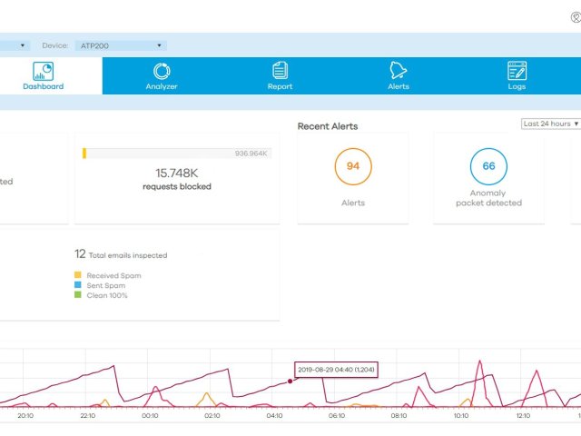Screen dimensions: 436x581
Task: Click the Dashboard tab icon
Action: click(43, 71)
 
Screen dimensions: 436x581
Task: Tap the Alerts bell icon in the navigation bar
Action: click(399, 71)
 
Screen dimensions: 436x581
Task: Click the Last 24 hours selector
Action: click(550, 124)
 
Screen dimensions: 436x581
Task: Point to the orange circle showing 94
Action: click(353, 167)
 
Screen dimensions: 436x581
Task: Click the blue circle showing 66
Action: click(488, 167)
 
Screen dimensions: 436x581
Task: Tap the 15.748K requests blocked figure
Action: click(177, 173)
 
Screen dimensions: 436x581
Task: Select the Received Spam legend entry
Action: click(113, 275)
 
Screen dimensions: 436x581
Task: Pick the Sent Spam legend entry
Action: click(105, 285)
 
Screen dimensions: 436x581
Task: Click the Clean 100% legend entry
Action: click(106, 295)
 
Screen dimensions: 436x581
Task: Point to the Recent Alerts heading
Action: click(328, 126)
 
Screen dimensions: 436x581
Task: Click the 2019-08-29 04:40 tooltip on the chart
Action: click(336, 370)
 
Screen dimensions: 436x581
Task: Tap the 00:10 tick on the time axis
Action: click(150, 415)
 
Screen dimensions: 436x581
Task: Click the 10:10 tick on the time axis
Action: click(461, 415)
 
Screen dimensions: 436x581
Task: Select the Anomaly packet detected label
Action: click(488, 198)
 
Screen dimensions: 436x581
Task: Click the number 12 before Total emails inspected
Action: click(80, 254)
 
